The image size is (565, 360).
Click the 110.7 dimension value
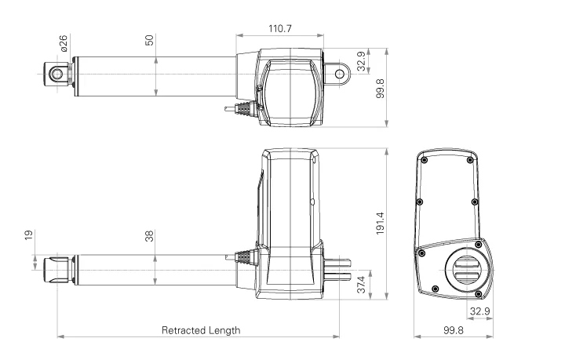tap(279, 28)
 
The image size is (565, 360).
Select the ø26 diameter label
tap(64, 43)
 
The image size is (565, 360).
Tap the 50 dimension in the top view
tap(149, 40)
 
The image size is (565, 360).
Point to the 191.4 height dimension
tap(380, 222)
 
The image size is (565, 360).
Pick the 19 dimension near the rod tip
tap(29, 235)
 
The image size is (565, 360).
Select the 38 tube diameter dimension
tap(149, 235)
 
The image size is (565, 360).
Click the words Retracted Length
tap(201, 330)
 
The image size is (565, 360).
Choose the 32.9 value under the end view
tap(479, 312)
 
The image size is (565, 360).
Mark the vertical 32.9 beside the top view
tap(361, 61)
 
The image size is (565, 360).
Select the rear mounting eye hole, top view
tap(340, 74)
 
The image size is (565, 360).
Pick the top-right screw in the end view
tap(469, 160)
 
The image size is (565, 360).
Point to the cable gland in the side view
tap(243, 256)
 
